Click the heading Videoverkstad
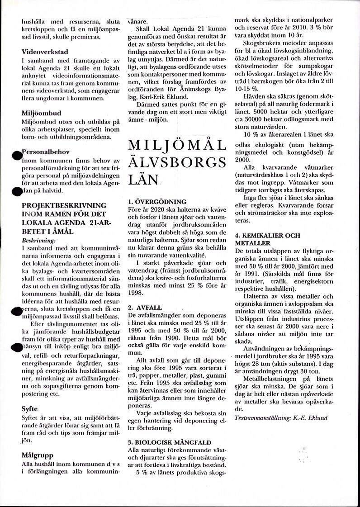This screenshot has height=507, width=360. pos(45,52)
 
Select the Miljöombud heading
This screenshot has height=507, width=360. pos(41,113)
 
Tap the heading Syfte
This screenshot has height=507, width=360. pos(30,408)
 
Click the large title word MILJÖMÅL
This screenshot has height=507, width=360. pos(177,146)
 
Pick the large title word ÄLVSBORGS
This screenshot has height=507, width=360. pos(177,162)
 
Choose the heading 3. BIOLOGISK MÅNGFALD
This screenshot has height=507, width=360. pos(169,442)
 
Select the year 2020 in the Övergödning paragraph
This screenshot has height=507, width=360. pos(158,209)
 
